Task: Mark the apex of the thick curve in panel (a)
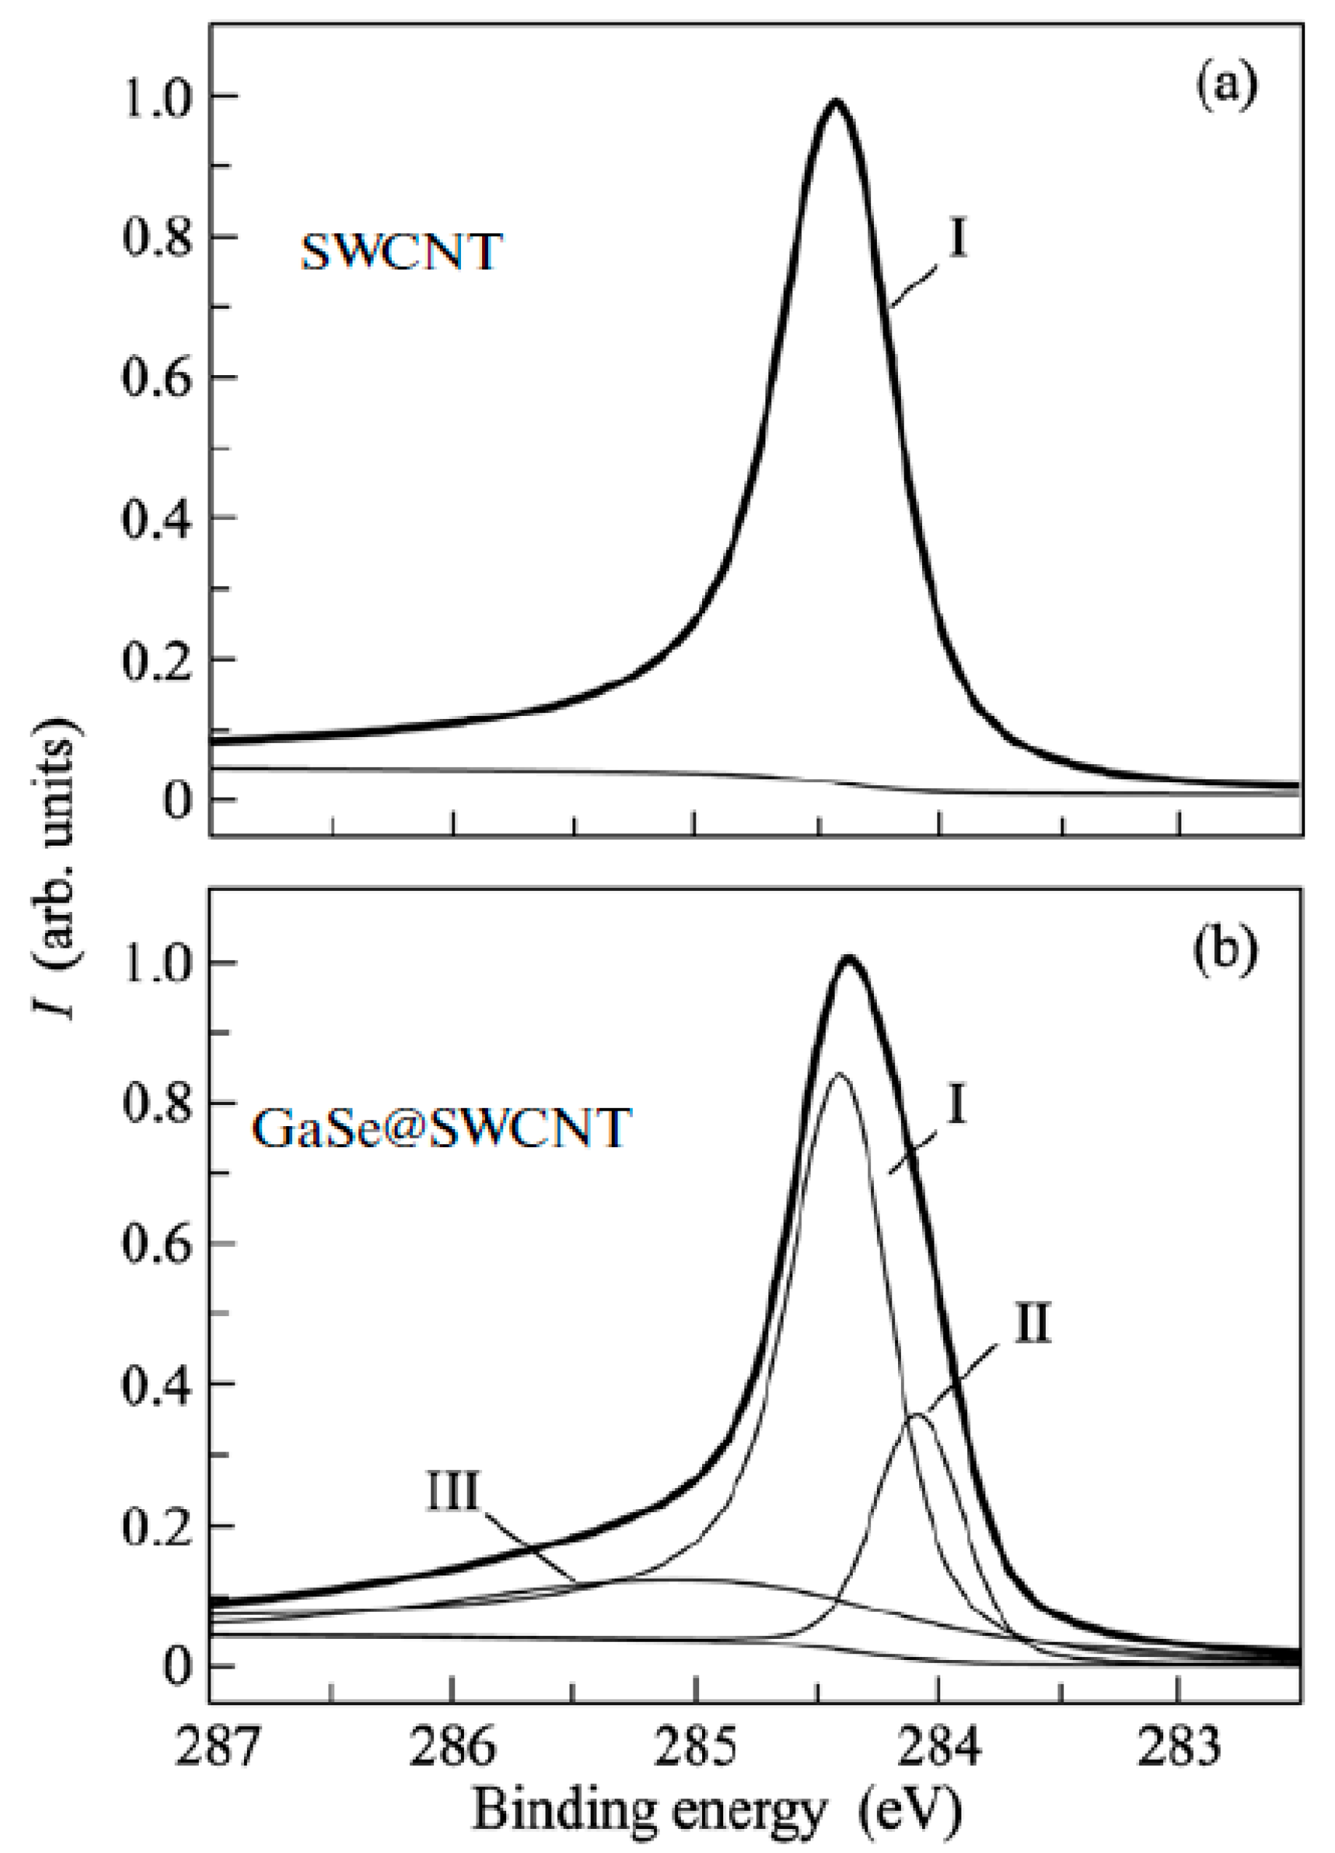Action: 835,101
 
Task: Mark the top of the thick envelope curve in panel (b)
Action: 850,958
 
